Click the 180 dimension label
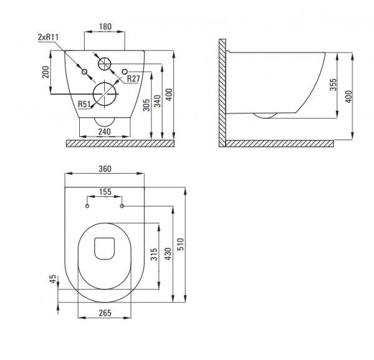click(x=105, y=26)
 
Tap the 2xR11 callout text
click(x=48, y=37)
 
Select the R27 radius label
click(x=133, y=78)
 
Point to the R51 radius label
click(x=84, y=104)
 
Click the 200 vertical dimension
click(x=46, y=72)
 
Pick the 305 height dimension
click(x=146, y=105)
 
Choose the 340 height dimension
click(x=158, y=101)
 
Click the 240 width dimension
click(x=105, y=131)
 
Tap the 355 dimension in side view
click(x=333, y=85)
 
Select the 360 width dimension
click(x=105, y=169)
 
